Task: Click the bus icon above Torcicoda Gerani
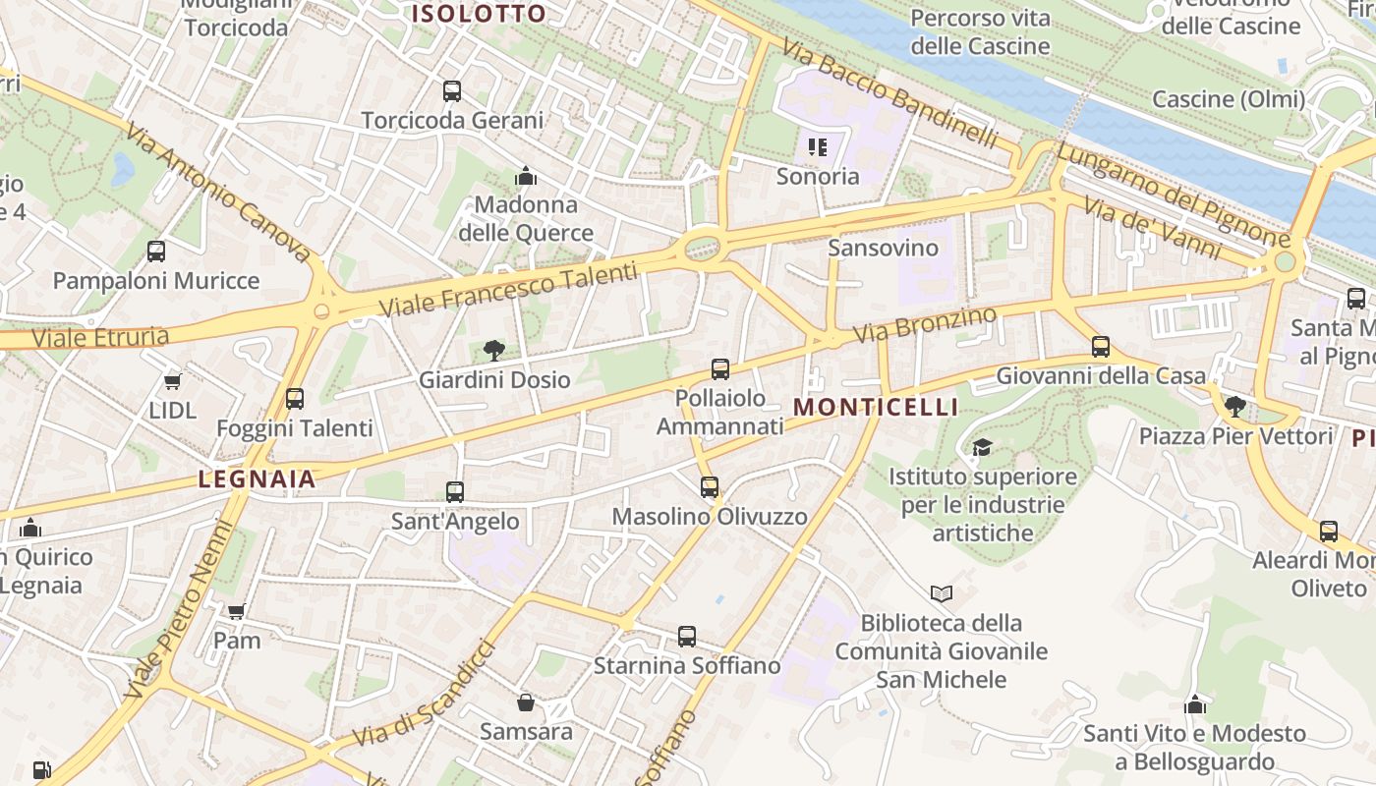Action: pyautogui.click(x=452, y=91)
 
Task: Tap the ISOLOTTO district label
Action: pyautogui.click(x=479, y=14)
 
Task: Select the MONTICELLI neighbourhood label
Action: pyautogui.click(x=875, y=407)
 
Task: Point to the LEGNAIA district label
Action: pyautogui.click(x=258, y=479)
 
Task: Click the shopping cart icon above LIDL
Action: pyautogui.click(x=173, y=381)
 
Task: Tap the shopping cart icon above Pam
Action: pyautogui.click(x=237, y=611)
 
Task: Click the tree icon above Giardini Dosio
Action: pyautogui.click(x=494, y=351)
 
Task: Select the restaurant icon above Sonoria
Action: pyautogui.click(x=818, y=147)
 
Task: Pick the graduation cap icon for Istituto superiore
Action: pyautogui.click(x=982, y=448)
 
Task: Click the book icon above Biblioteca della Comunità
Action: pyautogui.click(x=942, y=593)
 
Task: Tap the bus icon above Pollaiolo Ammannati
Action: pyautogui.click(x=720, y=369)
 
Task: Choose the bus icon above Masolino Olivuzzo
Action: pyautogui.click(x=710, y=487)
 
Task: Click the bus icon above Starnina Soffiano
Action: pyautogui.click(x=687, y=637)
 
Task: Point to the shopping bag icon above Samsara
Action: pyautogui.click(x=526, y=702)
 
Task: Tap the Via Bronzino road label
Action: pyautogui.click(x=925, y=324)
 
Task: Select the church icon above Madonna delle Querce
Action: pyautogui.click(x=526, y=177)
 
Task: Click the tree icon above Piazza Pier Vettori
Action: pyautogui.click(x=1235, y=406)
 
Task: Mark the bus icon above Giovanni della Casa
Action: pyautogui.click(x=1101, y=347)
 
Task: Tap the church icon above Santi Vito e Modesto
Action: pyautogui.click(x=1195, y=704)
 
